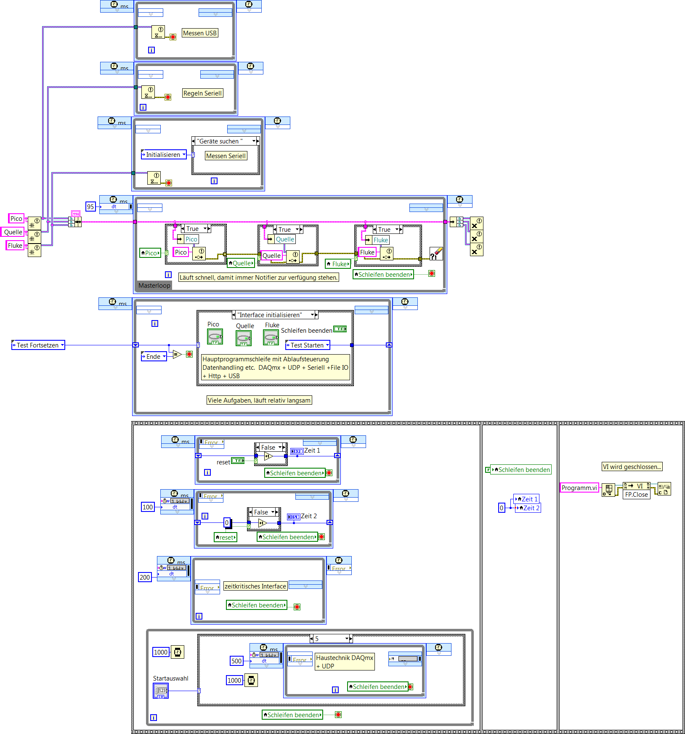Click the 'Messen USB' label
pyautogui.click(x=200, y=33)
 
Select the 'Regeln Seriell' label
pyautogui.click(x=202, y=93)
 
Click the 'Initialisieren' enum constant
pyautogui.click(x=164, y=155)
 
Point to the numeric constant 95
pyautogui.click(x=90, y=207)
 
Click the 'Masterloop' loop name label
pyautogui.click(x=154, y=286)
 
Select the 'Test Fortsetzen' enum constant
pyautogui.click(x=38, y=345)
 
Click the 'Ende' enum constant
pyautogui.click(x=154, y=357)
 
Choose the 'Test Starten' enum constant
pyautogui.click(x=308, y=345)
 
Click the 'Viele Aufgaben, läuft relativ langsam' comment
pyautogui.click(x=259, y=400)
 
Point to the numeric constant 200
pyautogui.click(x=145, y=578)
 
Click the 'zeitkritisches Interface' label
pyautogui.click(x=255, y=586)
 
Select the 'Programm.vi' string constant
pyautogui.click(x=579, y=488)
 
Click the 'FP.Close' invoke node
pyautogui.click(x=636, y=495)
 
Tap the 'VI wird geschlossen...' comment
pyautogui.click(x=632, y=467)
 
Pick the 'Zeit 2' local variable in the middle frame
pyautogui.click(x=528, y=508)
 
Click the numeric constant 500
pyautogui.click(x=236, y=661)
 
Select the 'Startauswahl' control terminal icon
pyautogui.click(x=161, y=691)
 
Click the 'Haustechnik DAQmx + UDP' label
pyautogui.click(x=344, y=662)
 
